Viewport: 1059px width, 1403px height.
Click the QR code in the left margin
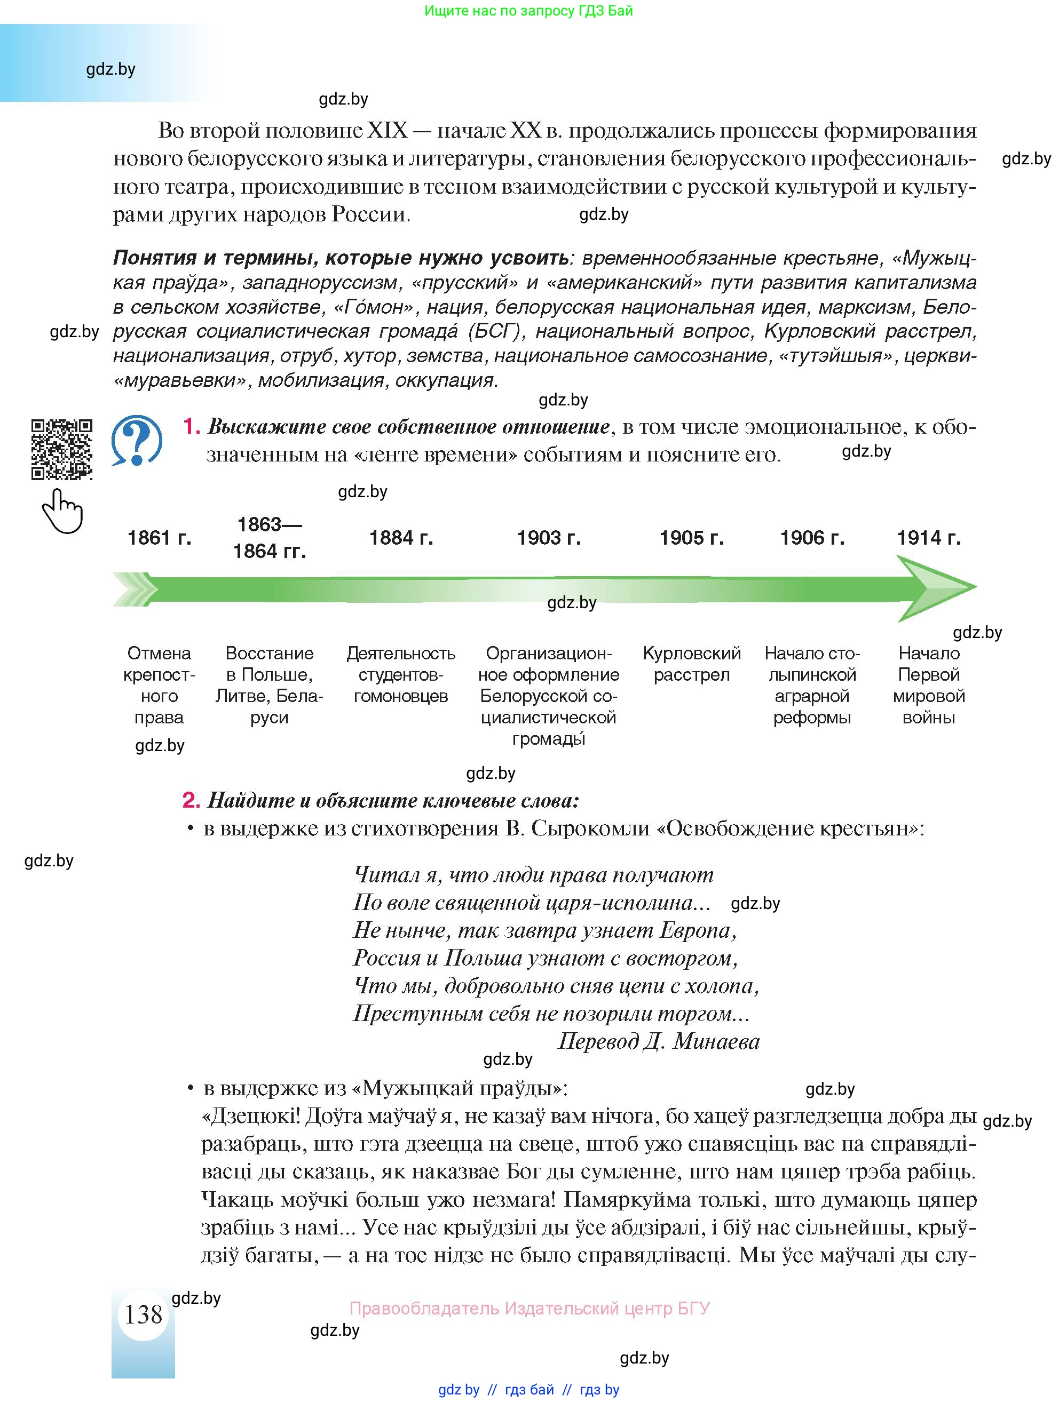click(x=61, y=449)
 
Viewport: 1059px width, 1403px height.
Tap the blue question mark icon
click(x=137, y=440)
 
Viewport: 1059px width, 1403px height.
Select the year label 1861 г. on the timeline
click(x=159, y=538)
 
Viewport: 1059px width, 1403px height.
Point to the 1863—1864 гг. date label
click(x=269, y=537)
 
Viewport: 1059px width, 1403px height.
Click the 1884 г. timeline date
click(x=401, y=538)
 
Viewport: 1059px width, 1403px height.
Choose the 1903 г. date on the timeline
click(x=549, y=538)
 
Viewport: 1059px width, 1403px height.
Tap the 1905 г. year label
click(x=692, y=538)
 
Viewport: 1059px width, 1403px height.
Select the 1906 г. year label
click(x=811, y=538)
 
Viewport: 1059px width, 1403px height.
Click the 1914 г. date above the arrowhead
click(x=928, y=538)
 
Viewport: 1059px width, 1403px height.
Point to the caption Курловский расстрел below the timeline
click(x=692, y=664)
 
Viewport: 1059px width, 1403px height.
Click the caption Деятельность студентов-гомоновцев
click(x=400, y=674)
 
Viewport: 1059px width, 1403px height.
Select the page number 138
click(x=144, y=1315)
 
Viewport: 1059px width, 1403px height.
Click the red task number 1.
click(x=191, y=426)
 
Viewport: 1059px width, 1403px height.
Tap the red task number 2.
click(x=191, y=800)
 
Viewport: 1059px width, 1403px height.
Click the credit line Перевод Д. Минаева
click(x=658, y=1041)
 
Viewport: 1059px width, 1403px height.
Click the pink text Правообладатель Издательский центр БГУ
click(x=529, y=1309)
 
